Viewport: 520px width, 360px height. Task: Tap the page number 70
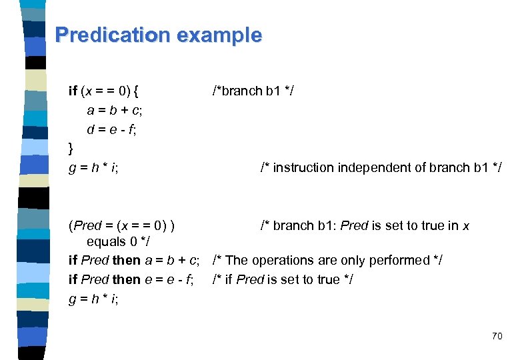click(497, 336)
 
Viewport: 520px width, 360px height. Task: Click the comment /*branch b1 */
click(247, 91)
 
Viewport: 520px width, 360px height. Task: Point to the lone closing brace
click(71, 147)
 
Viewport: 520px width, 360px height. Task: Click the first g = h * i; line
click(94, 167)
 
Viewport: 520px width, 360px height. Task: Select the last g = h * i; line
click(94, 298)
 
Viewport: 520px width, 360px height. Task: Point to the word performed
click(401, 260)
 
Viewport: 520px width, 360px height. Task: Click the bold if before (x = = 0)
click(73, 91)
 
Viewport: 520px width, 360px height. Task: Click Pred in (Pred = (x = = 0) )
click(85, 225)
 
